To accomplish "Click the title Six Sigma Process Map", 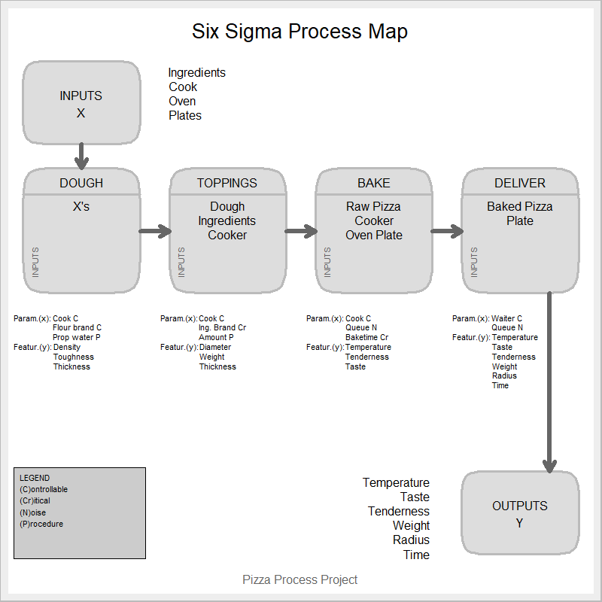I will pyautogui.click(x=299, y=32).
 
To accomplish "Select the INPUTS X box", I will pyautogui.click(x=81, y=104).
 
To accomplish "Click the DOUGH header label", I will pyautogui.click(x=81, y=183).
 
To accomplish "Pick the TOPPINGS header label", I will pyautogui.click(x=227, y=183).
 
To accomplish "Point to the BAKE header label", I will pyautogui.click(x=373, y=183).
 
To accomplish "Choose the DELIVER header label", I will pyautogui.click(x=520, y=183).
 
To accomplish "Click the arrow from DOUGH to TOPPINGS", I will pyautogui.click(x=155, y=231).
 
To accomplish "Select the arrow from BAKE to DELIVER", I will pyautogui.click(x=447, y=231).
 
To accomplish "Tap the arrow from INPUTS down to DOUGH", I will pyautogui.click(x=81, y=156).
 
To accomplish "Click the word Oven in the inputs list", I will pyautogui.click(x=182, y=101).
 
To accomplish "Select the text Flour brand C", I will pyautogui.click(x=77, y=328).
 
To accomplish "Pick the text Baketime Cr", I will pyautogui.click(x=366, y=338).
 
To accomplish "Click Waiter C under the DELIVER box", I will pyautogui.click(x=506, y=318).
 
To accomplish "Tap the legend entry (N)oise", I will pyautogui.click(x=32, y=512).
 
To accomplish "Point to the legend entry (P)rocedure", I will pyautogui.click(x=41, y=524).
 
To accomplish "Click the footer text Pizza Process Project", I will pyautogui.click(x=299, y=579).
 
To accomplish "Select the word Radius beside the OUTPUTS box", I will pyautogui.click(x=411, y=540).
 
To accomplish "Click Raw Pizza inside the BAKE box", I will pyautogui.click(x=373, y=206).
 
